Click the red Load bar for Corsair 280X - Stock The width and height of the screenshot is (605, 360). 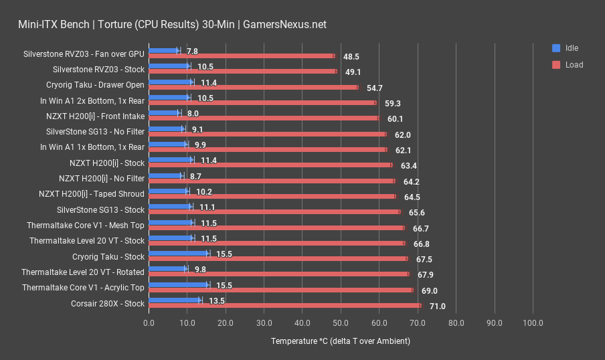tap(284, 306)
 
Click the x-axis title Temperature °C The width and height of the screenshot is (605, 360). tap(340, 341)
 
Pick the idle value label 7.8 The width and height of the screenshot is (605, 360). tap(192, 51)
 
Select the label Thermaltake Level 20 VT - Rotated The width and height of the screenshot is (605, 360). tap(82, 272)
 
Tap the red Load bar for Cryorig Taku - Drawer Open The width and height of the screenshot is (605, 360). tap(253, 87)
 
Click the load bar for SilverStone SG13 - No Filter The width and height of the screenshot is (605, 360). tap(267, 134)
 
